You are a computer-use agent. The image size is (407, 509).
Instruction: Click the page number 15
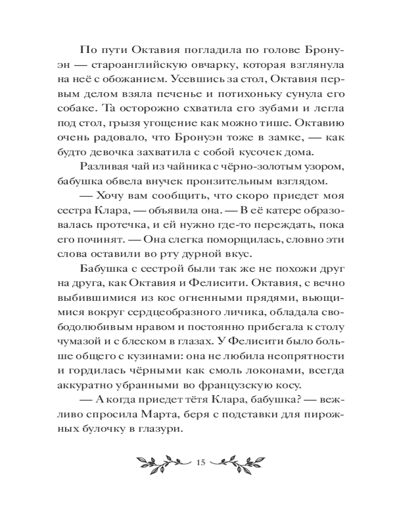(x=199, y=462)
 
